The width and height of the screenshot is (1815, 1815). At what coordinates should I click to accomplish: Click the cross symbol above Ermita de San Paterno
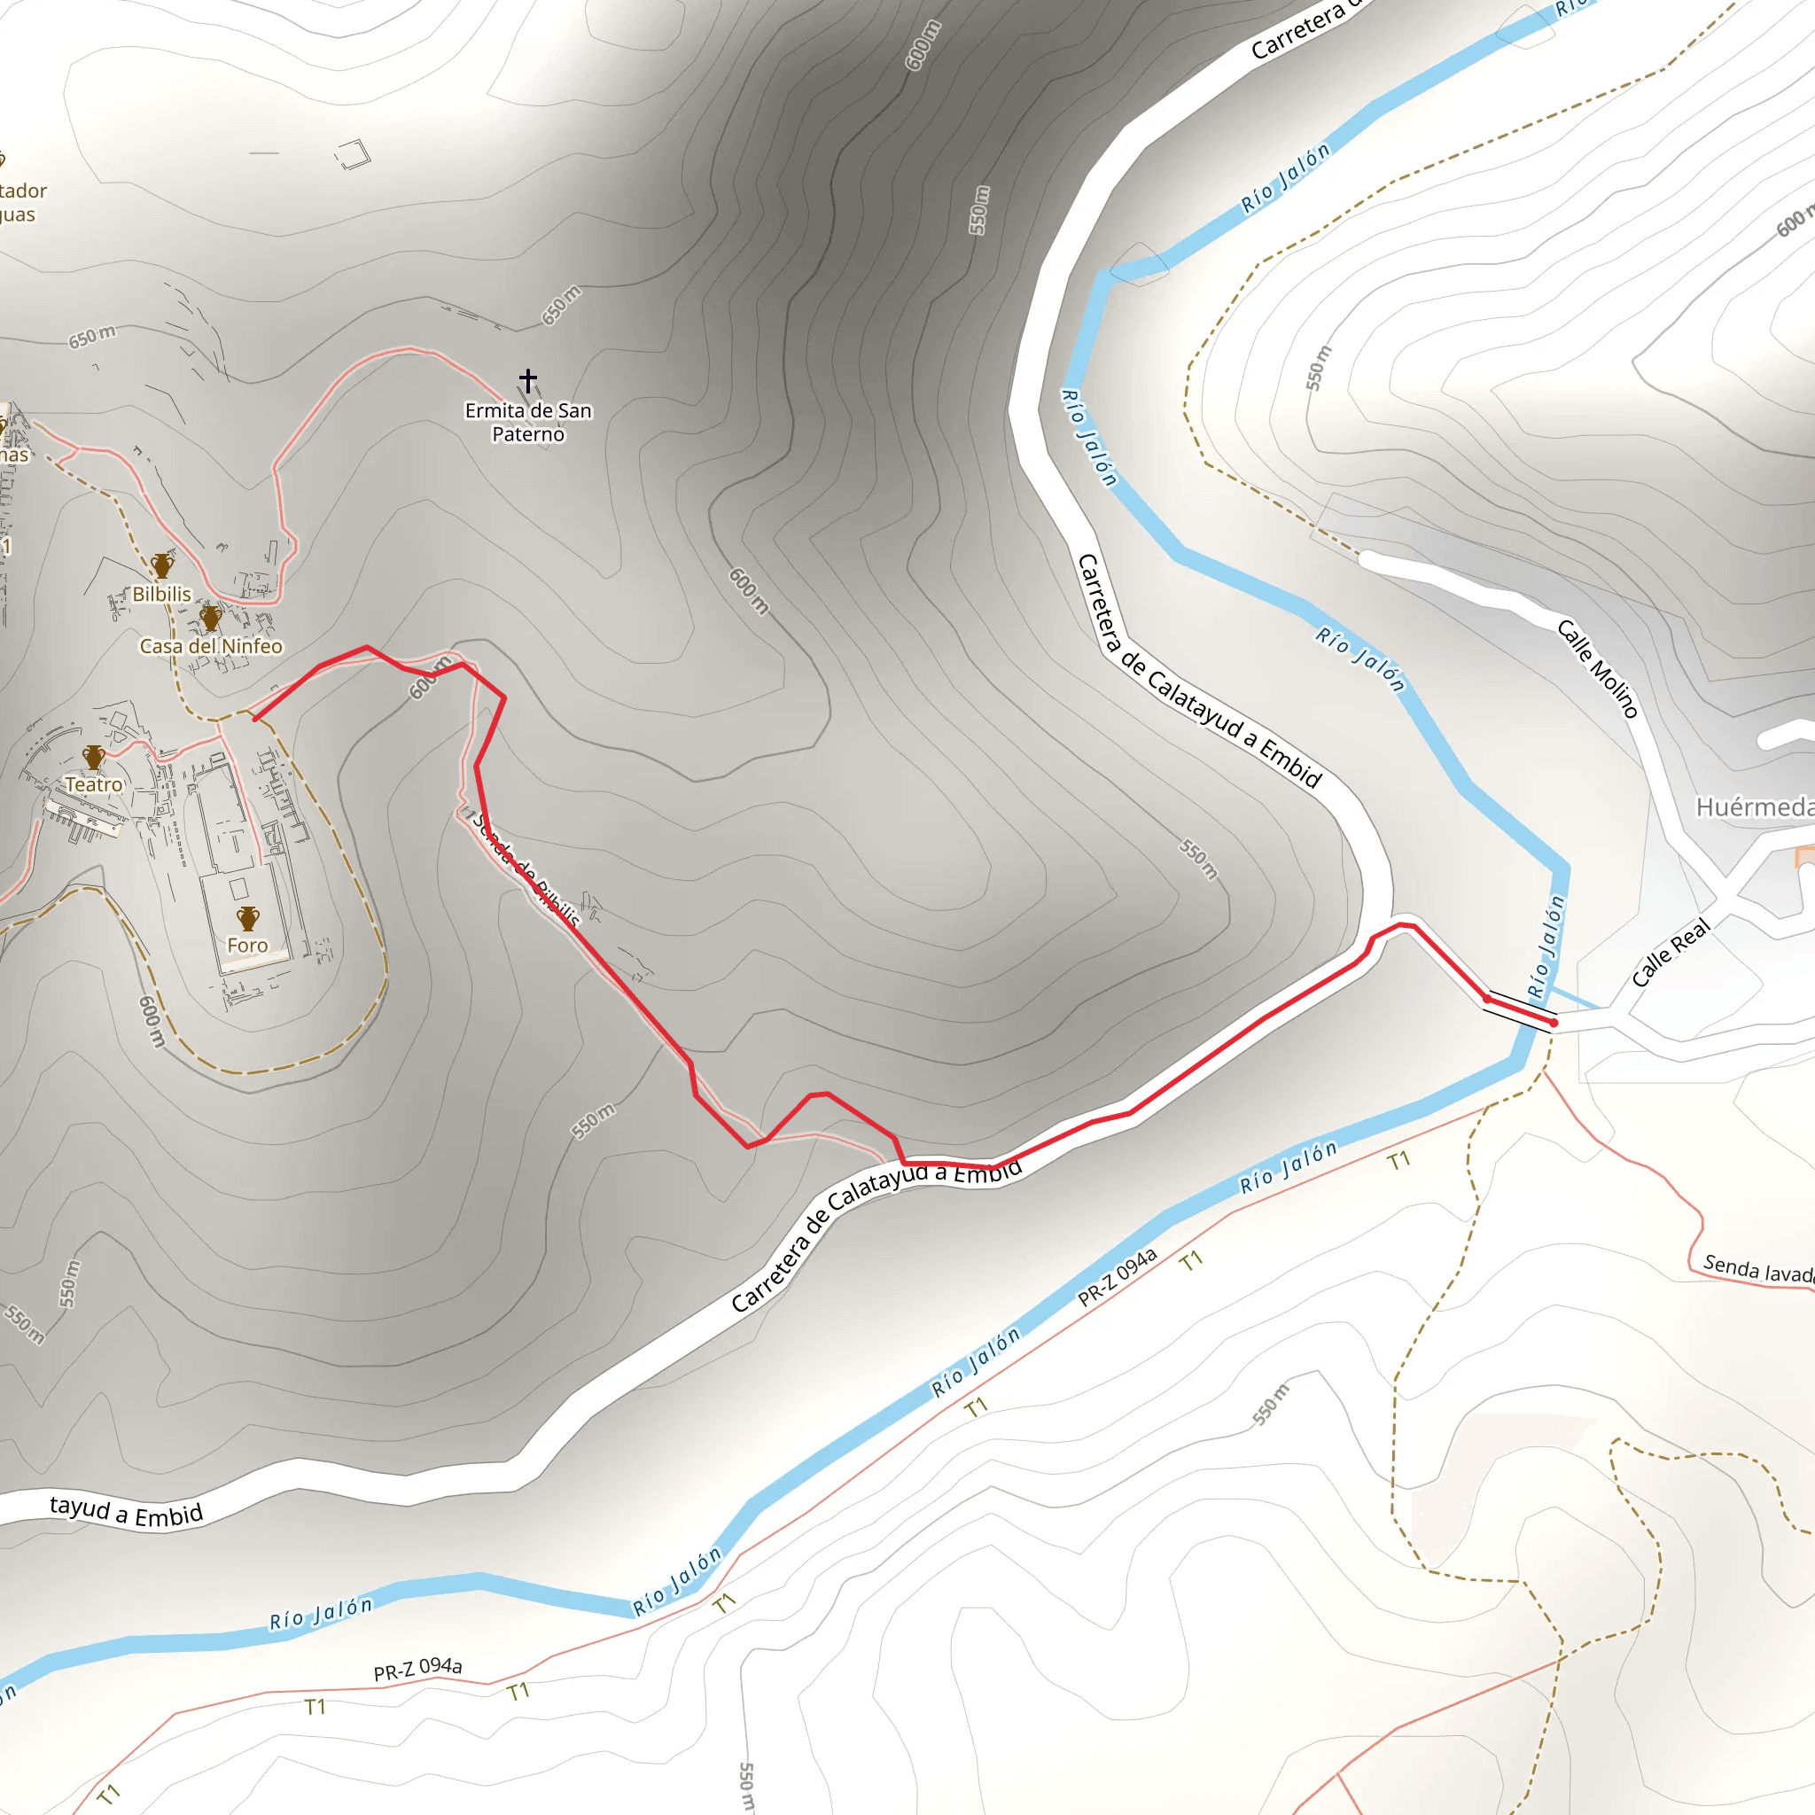point(528,380)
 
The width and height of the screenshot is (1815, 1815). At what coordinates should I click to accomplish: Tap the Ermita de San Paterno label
point(528,422)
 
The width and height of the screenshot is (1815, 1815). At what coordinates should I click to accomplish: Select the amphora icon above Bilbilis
point(162,565)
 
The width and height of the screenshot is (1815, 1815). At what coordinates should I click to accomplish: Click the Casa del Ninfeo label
point(210,646)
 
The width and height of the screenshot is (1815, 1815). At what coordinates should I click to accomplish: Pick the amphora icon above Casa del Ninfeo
point(210,617)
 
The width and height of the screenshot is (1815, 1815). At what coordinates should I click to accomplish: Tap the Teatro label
point(94,784)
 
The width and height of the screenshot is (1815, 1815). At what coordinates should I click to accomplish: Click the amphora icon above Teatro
point(93,756)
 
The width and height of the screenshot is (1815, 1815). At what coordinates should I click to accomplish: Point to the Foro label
point(247,945)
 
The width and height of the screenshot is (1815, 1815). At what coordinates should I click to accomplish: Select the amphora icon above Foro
point(247,918)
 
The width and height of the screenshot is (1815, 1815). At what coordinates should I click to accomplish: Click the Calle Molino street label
point(1598,668)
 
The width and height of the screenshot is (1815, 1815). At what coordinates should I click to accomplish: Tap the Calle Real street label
point(1671,953)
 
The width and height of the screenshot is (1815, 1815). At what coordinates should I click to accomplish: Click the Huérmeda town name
point(1753,807)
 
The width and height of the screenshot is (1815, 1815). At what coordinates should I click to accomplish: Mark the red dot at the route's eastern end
point(1553,1022)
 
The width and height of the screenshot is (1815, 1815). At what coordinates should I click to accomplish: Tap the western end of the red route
point(255,720)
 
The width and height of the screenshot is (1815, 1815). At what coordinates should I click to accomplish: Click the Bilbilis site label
point(161,595)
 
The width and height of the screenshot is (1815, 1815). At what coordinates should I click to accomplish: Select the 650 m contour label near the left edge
point(92,335)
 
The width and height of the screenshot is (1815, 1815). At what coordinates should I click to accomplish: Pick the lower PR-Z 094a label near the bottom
point(418,1669)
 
